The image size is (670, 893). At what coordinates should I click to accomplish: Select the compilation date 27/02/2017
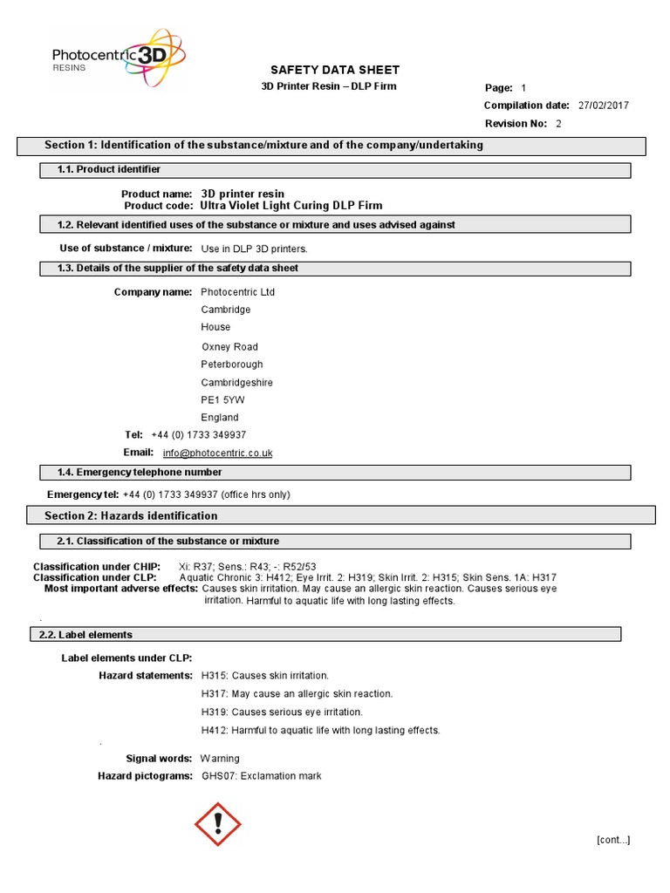[x=603, y=106]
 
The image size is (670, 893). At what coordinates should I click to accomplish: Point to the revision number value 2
[x=558, y=124]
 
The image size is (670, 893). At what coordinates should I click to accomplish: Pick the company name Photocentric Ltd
[x=237, y=292]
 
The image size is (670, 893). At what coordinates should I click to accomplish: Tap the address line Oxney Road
[x=229, y=347]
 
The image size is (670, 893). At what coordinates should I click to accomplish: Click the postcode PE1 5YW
[x=222, y=400]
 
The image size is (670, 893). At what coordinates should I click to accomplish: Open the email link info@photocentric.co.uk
[x=217, y=453]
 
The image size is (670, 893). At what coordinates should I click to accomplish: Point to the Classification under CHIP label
[x=96, y=566]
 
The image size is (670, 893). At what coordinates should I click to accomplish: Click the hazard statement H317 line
[x=297, y=694]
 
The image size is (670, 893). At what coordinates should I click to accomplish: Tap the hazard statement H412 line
[x=320, y=731]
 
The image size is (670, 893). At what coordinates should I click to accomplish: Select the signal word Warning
[x=220, y=759]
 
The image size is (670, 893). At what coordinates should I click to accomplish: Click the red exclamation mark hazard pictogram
[x=216, y=823]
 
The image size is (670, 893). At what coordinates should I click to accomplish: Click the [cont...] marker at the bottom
[x=613, y=840]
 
